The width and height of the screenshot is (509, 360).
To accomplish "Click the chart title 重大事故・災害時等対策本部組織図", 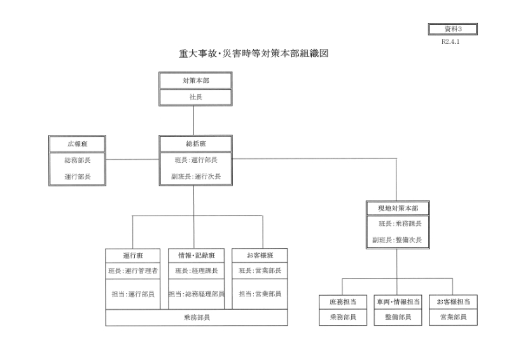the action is tap(253, 53).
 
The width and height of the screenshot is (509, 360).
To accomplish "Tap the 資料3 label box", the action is tap(453, 29).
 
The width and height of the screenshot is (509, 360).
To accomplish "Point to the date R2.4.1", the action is tap(450, 41).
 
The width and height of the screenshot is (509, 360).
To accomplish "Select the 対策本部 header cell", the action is tap(195, 81).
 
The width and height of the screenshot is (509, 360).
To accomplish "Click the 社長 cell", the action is tap(195, 97).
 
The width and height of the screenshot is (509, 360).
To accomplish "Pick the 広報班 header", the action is tap(77, 144).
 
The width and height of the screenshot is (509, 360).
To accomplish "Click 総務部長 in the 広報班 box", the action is tap(77, 160).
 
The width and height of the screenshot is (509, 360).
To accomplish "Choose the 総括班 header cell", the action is tap(195, 144).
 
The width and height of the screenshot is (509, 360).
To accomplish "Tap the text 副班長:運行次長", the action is tap(196, 176).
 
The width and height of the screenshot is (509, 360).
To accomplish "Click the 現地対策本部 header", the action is tap(398, 208).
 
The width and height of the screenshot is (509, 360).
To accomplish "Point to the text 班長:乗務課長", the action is tap(400, 223).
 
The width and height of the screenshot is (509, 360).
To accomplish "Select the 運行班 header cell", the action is tap(133, 256).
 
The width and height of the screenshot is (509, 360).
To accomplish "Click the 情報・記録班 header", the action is tap(196, 256).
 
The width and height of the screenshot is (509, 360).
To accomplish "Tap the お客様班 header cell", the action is tap(260, 256).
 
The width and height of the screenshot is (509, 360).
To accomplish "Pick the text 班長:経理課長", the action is tap(197, 270).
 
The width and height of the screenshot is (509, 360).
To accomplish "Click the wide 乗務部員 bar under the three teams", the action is tap(197, 317).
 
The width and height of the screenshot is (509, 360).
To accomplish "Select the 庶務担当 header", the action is tap(343, 302).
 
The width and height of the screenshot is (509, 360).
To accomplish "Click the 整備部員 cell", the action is tap(398, 317).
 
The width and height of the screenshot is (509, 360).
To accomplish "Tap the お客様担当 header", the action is tap(453, 302).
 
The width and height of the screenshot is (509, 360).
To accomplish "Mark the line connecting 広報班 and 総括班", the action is tap(132, 160).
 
